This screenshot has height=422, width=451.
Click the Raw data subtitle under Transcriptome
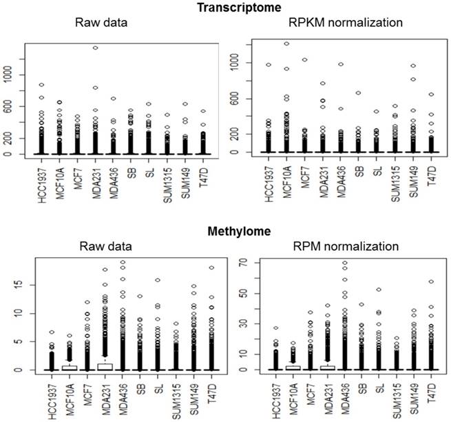[x=104, y=23]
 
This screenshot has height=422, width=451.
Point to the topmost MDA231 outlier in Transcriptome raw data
[x=95, y=48]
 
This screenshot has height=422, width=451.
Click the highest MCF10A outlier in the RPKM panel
[x=286, y=43]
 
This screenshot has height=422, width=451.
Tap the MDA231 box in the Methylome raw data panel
[x=105, y=366]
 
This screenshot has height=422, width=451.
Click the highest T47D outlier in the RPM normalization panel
[x=432, y=281]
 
